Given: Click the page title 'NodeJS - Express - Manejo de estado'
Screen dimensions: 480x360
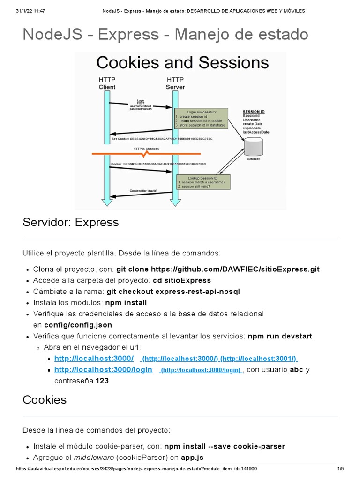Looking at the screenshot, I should click(165, 34).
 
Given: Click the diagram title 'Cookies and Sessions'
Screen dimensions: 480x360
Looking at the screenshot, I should click(182, 62).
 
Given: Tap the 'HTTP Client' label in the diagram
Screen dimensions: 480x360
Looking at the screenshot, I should click(107, 83).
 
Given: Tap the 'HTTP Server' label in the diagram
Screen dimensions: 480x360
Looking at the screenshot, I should click(175, 83).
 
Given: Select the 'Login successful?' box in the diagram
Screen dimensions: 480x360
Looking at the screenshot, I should click(201, 119).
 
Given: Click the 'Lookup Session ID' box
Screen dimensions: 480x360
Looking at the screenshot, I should click(203, 182).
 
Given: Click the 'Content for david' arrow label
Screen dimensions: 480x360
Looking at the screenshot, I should click(143, 191).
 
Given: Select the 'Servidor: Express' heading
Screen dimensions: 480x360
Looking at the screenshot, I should click(71, 222).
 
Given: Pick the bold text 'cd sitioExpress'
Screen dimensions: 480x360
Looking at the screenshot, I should click(182, 280).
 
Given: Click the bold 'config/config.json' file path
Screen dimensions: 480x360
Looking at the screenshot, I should click(78, 324).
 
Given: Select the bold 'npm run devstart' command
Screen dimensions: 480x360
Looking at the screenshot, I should click(280, 336).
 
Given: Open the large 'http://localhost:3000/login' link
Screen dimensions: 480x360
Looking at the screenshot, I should click(103, 369).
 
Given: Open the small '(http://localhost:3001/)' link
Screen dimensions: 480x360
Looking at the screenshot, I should click(259, 359).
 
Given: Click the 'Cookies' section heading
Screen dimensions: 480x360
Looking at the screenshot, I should click(45, 399).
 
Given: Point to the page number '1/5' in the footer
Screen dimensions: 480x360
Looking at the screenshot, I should click(340, 468).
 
